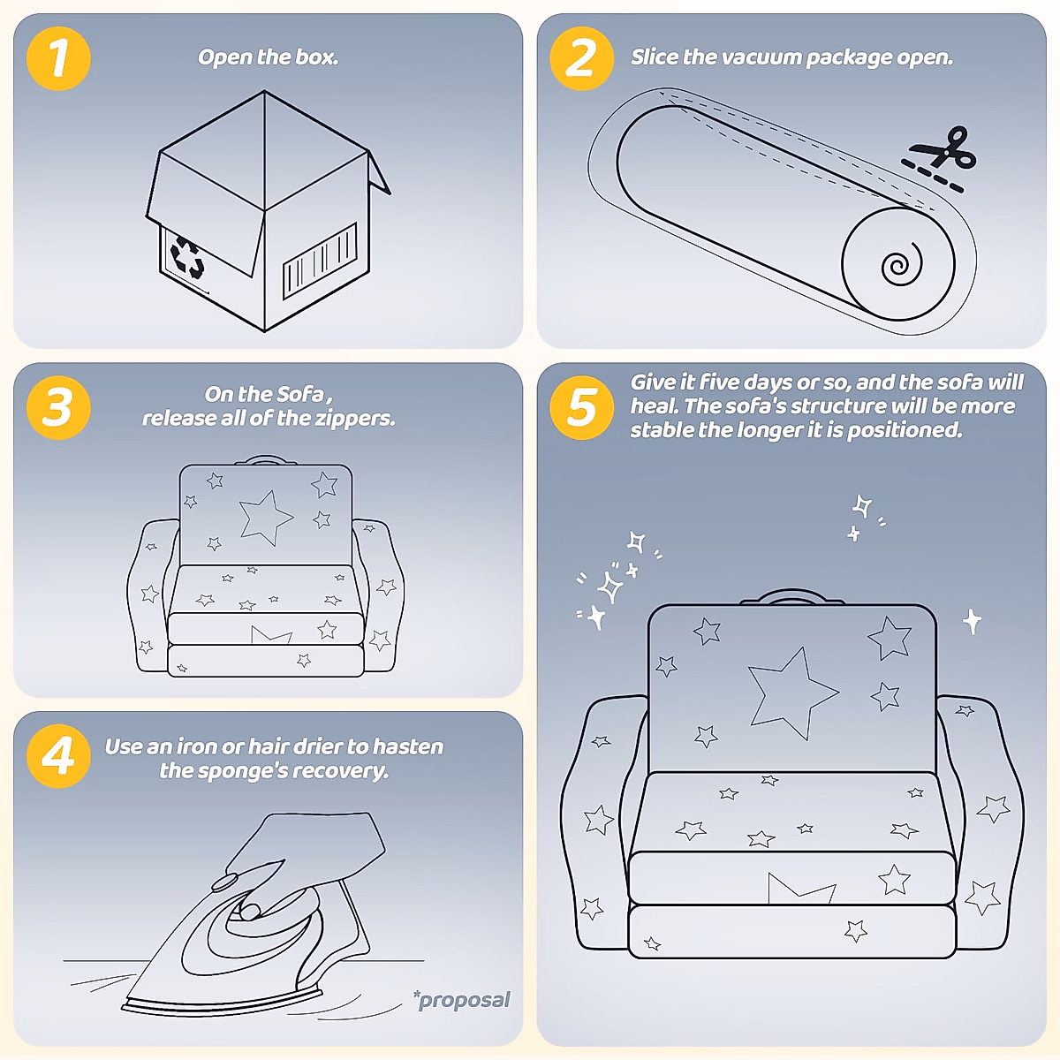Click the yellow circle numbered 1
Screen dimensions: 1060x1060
58,58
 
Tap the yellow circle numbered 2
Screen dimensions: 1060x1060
582,58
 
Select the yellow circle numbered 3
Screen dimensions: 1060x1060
58,407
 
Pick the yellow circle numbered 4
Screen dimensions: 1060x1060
58,756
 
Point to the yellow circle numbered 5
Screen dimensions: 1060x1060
582,407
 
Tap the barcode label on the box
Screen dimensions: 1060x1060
320,261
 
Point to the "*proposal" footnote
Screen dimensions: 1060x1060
462,999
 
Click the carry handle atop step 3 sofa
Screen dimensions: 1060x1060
266,458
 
